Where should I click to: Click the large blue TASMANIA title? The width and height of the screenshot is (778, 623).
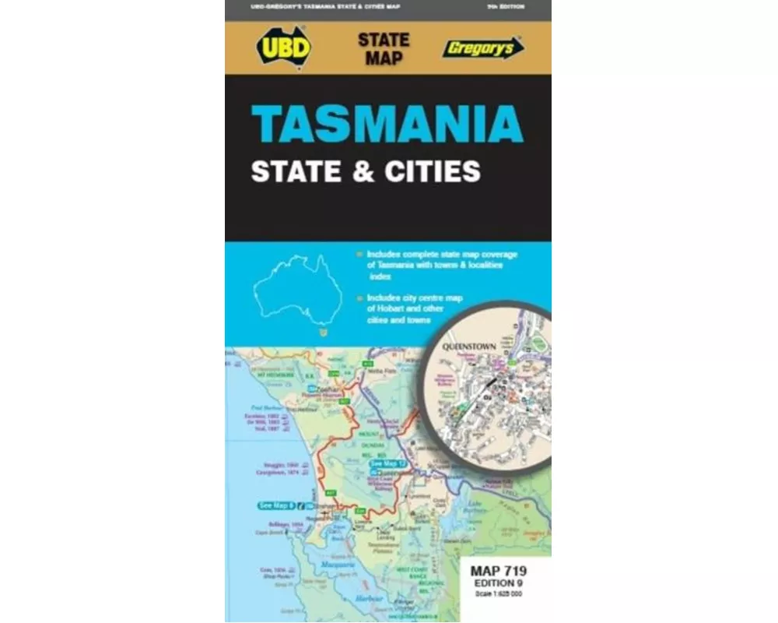point(387,123)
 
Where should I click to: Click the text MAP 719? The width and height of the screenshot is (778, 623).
point(498,572)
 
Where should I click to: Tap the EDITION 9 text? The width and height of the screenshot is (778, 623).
point(498,583)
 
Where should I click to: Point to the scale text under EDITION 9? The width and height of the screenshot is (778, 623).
point(498,594)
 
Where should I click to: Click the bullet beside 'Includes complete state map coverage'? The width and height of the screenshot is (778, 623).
point(359,254)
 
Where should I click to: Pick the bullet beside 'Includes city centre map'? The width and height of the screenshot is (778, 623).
point(359,297)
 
